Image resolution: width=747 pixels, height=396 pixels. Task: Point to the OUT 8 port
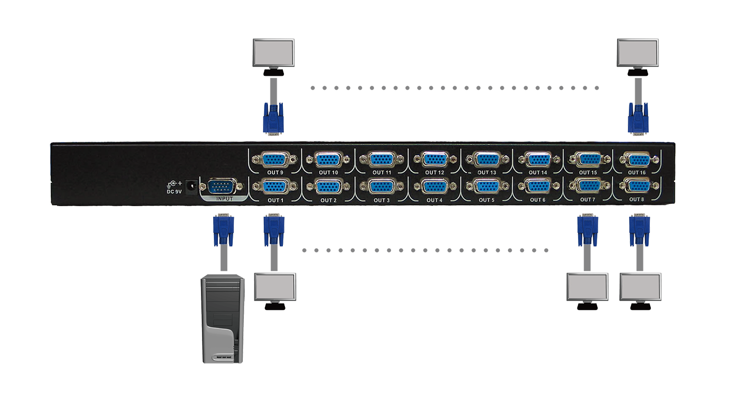637,186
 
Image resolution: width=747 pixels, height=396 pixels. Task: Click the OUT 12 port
434,159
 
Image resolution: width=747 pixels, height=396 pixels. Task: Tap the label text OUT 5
486,200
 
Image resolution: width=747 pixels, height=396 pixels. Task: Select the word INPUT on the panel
224,198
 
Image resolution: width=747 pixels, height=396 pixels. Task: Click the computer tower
223,319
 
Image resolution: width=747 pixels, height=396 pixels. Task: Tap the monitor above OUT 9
274,53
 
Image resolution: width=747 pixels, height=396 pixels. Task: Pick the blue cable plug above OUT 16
638,118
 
